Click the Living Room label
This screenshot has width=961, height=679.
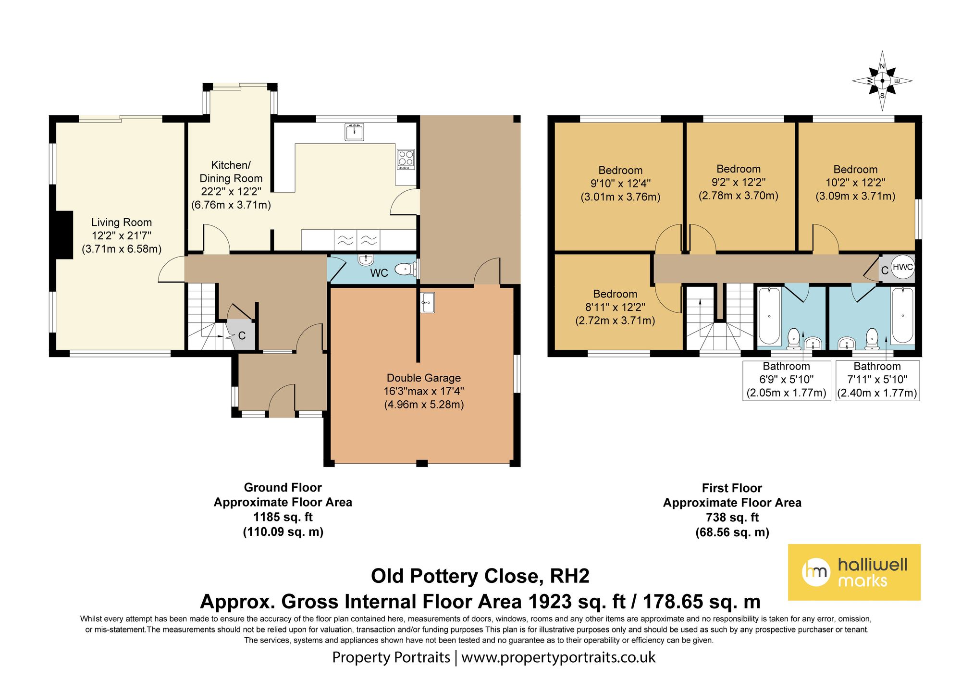[122, 222]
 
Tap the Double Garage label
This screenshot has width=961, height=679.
[424, 378]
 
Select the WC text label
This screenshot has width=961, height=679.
[379, 273]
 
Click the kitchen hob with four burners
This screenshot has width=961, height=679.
[406, 160]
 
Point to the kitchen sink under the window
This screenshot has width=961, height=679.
[355, 132]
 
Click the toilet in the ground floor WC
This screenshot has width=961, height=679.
[405, 269]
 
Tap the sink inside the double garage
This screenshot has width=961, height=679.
[427, 302]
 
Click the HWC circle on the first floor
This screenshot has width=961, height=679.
[902, 267]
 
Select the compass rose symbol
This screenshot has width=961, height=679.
[882, 81]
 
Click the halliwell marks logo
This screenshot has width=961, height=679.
[854, 572]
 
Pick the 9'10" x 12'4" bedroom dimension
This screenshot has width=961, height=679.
[620, 184]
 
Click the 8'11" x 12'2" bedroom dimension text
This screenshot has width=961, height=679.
[615, 307]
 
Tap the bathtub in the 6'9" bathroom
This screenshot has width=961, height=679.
[770, 316]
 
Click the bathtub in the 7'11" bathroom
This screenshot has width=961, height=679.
[902, 315]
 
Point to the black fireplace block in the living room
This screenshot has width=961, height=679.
[65, 235]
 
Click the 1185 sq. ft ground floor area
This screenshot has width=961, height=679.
[283, 517]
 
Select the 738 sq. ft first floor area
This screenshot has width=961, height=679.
[732, 518]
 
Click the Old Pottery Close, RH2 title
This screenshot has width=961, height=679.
[480, 576]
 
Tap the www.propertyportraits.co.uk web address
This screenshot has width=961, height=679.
[558, 657]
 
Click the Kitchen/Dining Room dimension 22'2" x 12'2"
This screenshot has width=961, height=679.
[231, 191]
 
